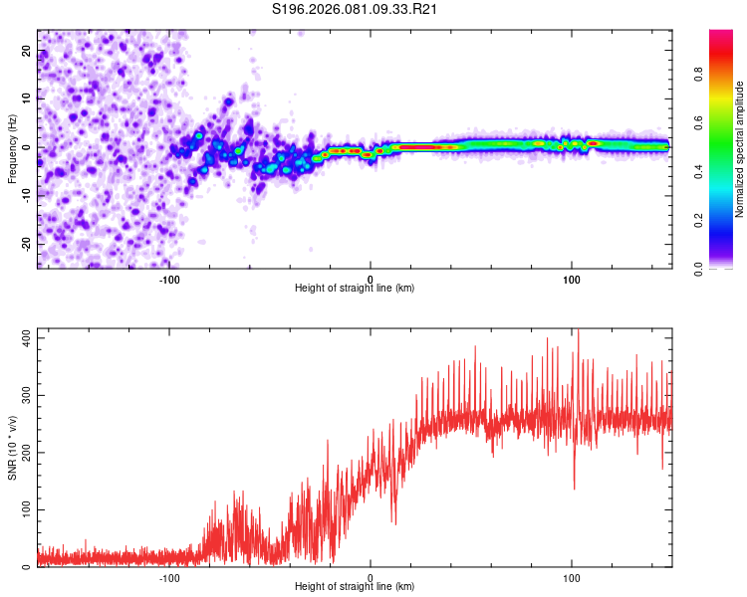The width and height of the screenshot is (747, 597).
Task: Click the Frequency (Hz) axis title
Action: point(12,147)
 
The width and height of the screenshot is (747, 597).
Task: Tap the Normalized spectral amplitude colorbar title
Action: point(740,149)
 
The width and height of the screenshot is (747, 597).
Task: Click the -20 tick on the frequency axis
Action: point(27,244)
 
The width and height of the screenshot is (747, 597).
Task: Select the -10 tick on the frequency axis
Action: point(27,196)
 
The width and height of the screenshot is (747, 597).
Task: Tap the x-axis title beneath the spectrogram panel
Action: point(355,289)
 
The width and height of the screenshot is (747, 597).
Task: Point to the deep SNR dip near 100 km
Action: point(574,486)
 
